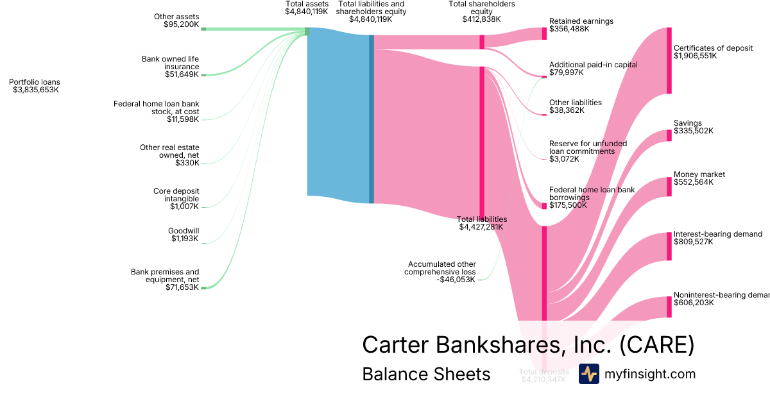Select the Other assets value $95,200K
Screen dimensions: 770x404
[181, 24]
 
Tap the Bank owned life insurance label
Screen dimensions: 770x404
[171, 63]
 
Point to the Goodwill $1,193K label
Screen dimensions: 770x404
[184, 235]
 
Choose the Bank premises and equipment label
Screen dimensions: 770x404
[165, 276]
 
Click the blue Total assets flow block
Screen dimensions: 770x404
[338, 112]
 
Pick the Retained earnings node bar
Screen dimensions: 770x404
[544, 33]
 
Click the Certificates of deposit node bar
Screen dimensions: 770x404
[669, 60]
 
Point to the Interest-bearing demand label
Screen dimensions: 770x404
[717, 234]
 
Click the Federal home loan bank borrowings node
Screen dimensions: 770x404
[544, 206]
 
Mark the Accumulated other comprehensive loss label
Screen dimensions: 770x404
[440, 272]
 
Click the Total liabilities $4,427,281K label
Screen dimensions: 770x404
[481, 223]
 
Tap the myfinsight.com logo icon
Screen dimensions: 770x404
[588, 374]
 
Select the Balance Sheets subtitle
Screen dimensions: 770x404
[426, 374]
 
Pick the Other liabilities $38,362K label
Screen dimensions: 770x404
[575, 106]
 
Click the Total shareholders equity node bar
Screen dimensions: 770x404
[482, 42]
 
